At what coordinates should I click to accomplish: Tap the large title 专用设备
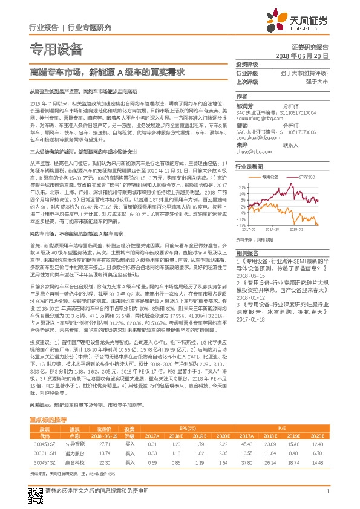pos(56,48)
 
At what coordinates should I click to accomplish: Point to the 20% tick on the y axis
pos(241,187)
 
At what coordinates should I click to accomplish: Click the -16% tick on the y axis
pos(241,224)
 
